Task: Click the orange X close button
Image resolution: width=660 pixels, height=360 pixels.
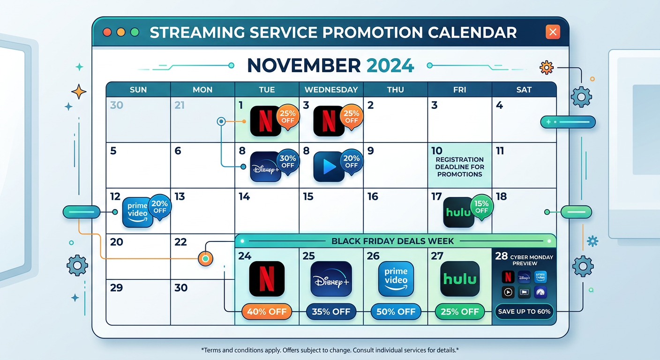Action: pyautogui.click(x=553, y=32)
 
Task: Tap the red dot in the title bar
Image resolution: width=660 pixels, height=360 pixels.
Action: pyautogui.click(x=107, y=32)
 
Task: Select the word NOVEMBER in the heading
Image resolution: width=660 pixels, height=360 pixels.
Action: pyautogui.click(x=304, y=66)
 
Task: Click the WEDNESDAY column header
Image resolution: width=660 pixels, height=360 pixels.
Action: pyautogui.click(x=331, y=90)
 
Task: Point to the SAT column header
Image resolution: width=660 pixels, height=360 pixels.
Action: pyautogui.click(x=524, y=90)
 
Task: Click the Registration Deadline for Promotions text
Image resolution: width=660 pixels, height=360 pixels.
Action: pyautogui.click(x=459, y=167)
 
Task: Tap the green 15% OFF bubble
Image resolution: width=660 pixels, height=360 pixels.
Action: pyautogui.click(x=481, y=207)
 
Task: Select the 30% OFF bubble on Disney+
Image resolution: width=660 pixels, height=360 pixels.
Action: pyautogui.click(x=287, y=162)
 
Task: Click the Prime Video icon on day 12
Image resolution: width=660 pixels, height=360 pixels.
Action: pyautogui.click(x=138, y=212)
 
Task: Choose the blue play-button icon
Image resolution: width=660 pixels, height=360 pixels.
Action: pyautogui.click(x=329, y=166)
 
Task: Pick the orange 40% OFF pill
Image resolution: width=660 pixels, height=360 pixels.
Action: pyautogui.click(x=267, y=312)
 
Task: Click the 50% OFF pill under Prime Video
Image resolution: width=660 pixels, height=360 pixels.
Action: pyautogui.click(x=396, y=312)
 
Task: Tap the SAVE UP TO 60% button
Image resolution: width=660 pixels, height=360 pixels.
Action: pyautogui.click(x=524, y=312)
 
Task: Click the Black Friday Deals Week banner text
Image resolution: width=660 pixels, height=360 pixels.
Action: pyautogui.click(x=392, y=241)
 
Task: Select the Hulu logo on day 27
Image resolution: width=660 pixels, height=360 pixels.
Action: pyautogui.click(x=460, y=279)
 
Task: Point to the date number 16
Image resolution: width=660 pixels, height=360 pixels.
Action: pyautogui.click(x=373, y=196)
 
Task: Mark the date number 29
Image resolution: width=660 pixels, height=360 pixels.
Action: pyautogui.click(x=116, y=287)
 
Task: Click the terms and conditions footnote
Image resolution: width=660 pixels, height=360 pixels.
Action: pyautogui.click(x=330, y=350)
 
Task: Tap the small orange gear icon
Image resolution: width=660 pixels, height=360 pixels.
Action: pyautogui.click(x=546, y=67)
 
